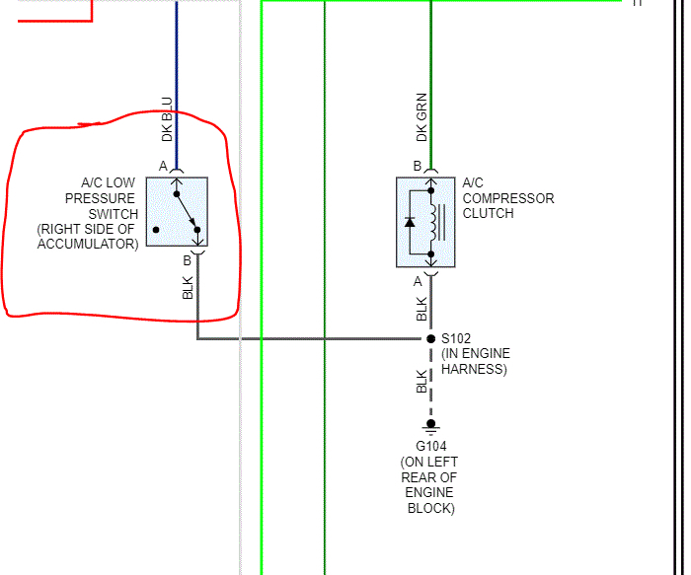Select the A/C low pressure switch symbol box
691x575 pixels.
177,211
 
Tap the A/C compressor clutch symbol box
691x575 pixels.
426,222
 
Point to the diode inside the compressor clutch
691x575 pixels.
410,221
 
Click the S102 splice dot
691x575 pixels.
430,338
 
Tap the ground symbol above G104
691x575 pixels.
430,426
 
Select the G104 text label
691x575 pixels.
430,446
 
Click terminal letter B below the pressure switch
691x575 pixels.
187,260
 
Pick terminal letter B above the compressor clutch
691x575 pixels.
417,166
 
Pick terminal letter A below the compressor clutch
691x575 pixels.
418,280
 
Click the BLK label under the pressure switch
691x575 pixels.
188,288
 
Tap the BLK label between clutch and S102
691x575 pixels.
422,310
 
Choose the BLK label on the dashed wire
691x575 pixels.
422,381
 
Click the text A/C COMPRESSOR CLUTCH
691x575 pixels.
507,197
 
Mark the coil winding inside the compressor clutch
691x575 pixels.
432,221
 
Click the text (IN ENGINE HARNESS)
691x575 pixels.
474,362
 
